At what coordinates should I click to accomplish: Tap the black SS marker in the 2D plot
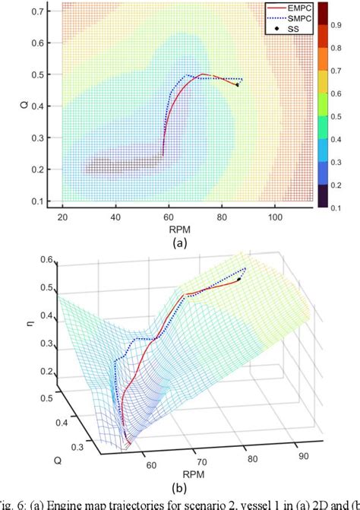point(237,84)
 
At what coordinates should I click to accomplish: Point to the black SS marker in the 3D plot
point(238,280)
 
